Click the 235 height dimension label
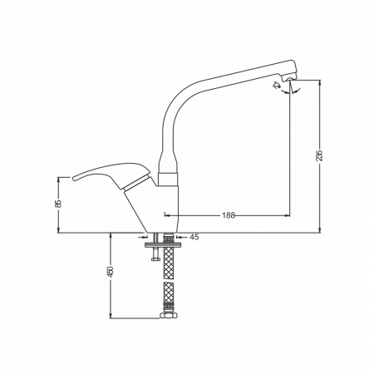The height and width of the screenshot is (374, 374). [x=320, y=155]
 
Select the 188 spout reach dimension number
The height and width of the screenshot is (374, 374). [x=229, y=215]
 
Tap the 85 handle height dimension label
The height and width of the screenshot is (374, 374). [x=58, y=204]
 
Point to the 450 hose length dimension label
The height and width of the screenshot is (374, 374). [x=111, y=272]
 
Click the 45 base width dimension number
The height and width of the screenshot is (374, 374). [x=194, y=237]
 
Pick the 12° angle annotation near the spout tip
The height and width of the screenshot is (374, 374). [x=277, y=85]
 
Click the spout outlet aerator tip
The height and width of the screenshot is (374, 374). [x=288, y=80]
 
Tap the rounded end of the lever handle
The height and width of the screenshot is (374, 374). [x=74, y=178]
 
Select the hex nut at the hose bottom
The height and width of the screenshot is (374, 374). [x=169, y=316]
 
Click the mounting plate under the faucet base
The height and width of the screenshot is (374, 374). [x=164, y=244]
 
